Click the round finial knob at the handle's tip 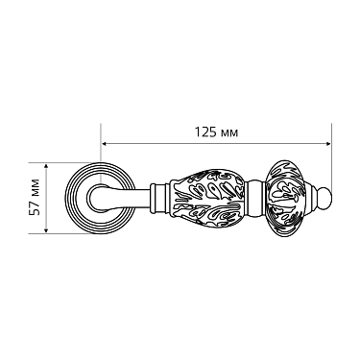click(x=324, y=200)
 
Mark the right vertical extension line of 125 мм click(x=330, y=163)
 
